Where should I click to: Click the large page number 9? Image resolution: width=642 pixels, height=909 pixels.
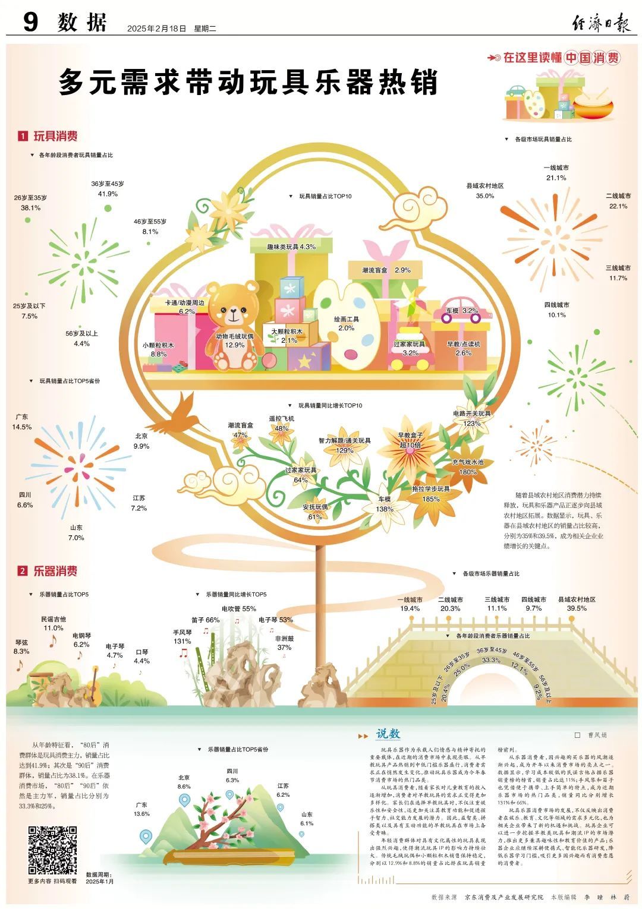(x=30, y=23)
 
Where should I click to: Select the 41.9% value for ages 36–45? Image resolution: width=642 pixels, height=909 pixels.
(x=108, y=194)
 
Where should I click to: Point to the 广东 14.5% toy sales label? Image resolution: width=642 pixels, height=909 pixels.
(x=21, y=422)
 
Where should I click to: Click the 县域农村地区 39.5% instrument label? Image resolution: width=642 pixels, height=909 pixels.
(x=577, y=604)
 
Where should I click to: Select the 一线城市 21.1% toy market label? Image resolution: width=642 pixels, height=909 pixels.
(x=556, y=173)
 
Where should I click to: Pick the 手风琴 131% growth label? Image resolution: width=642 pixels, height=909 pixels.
(x=182, y=637)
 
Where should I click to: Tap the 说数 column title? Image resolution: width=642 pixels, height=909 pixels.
(x=388, y=734)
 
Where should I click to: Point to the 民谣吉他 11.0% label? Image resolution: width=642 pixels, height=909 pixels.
(x=53, y=623)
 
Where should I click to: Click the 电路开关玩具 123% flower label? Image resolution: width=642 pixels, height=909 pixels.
(x=472, y=418)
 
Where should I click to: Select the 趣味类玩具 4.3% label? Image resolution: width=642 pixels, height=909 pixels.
(x=291, y=246)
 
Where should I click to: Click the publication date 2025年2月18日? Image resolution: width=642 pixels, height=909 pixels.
(x=156, y=28)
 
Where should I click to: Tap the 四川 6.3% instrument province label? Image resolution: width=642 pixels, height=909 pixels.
(x=232, y=775)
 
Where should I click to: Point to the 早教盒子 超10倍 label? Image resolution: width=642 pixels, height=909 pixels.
(x=410, y=440)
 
